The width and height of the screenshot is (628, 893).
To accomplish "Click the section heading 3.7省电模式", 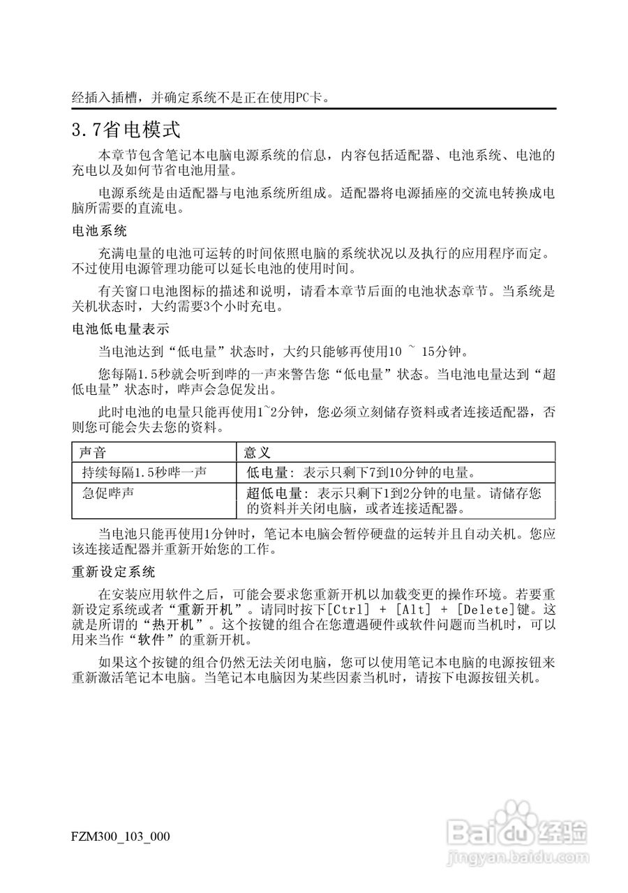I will [126, 129].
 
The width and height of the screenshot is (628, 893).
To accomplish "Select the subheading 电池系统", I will [99, 230].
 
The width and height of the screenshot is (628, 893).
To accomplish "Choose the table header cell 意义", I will [257, 452].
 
